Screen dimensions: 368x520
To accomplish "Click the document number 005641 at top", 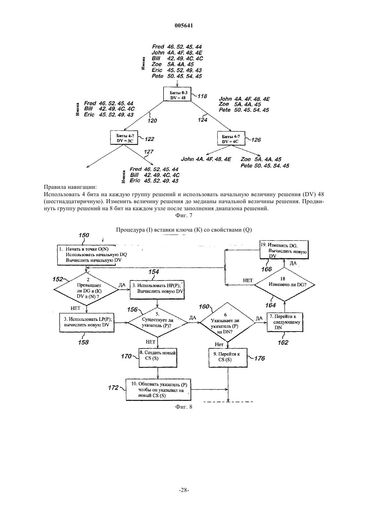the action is click(184, 25).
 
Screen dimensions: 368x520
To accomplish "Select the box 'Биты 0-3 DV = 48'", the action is click(177, 94).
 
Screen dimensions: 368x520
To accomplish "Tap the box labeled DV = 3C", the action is click(124, 137).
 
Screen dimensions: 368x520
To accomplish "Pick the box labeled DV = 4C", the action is click(231, 138).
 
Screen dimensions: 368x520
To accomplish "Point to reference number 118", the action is click(202, 96).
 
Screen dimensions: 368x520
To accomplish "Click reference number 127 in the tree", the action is click(149, 152).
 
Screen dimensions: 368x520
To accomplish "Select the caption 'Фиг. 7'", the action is click(184, 216).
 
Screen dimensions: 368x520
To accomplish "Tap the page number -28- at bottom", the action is click(184, 490).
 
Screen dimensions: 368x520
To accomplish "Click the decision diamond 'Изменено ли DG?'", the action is click(284, 284).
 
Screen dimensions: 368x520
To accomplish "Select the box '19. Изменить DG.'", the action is click(284, 250).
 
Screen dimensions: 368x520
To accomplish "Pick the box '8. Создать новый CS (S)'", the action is click(158, 358).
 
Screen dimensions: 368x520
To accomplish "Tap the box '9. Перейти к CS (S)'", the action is click(228, 358).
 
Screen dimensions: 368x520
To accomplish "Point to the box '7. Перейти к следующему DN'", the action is click(285, 322).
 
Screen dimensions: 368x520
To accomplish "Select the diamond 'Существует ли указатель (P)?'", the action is click(158, 322).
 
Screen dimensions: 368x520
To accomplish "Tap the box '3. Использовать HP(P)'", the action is click(157, 289).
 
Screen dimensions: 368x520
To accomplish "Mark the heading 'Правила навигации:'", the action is click(70, 187).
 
